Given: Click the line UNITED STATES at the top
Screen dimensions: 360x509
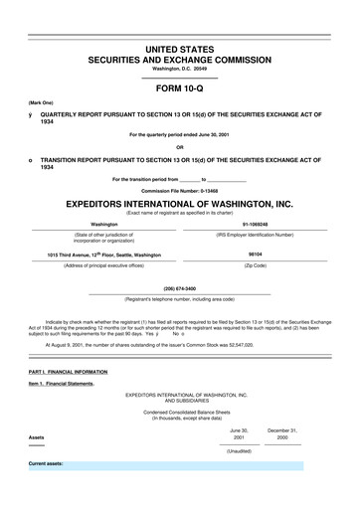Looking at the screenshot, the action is point(180,49).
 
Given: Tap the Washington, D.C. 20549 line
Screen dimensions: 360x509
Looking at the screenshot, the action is point(180,69).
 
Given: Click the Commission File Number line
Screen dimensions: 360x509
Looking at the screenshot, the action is point(180,189).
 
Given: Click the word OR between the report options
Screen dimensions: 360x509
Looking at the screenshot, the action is point(180,148).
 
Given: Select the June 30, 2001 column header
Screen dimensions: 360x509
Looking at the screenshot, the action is point(238,434).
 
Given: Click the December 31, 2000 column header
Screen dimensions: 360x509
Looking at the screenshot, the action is point(282,434).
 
